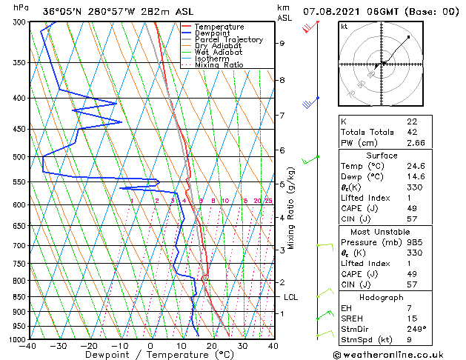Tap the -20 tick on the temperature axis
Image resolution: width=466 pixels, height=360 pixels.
tap(89, 345)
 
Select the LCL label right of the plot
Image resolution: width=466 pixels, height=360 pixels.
tap(291, 297)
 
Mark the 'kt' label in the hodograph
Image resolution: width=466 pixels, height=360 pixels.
tap(344, 27)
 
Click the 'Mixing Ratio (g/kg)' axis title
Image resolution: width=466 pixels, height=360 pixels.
tap(291, 207)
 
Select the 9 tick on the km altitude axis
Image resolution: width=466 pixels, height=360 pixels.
tap(282, 43)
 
